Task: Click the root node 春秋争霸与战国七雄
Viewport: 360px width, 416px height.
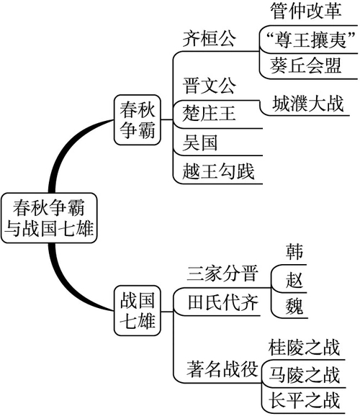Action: point(50,218)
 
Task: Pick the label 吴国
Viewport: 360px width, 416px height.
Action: point(195,143)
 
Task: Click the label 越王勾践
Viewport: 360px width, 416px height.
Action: point(215,171)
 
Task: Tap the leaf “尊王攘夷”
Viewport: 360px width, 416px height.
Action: point(307,39)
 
